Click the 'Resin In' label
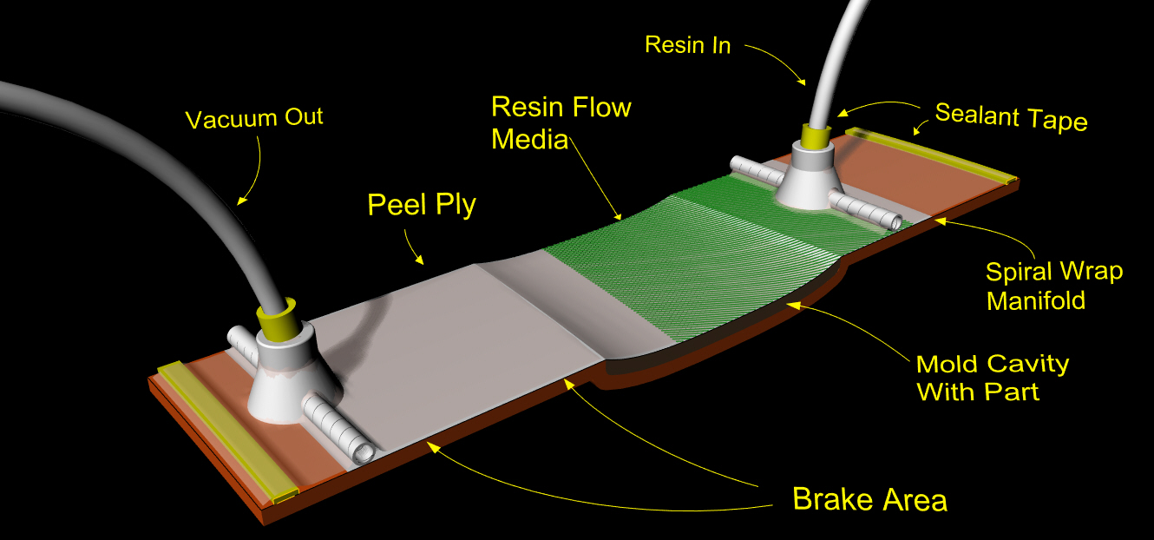click(688, 45)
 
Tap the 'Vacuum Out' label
click(254, 119)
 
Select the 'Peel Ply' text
click(422, 205)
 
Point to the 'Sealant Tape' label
click(1011, 116)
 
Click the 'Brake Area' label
click(869, 499)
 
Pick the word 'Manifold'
click(1036, 300)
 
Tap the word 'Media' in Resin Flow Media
click(529, 140)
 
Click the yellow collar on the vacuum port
click(277, 314)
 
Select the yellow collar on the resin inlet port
click(816, 135)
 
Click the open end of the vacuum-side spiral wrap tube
click(363, 453)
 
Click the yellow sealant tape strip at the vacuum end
click(226, 431)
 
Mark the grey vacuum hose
click(154, 170)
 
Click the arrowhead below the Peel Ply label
click(419, 260)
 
